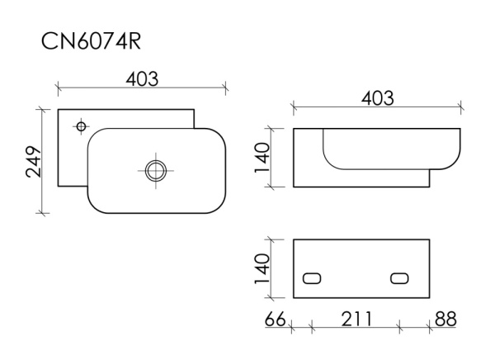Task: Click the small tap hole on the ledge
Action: point(80,126)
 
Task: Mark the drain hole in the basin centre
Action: point(155,171)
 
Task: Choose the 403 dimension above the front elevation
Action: point(376,97)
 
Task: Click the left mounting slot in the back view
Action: point(313,277)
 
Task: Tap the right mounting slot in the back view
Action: point(399,277)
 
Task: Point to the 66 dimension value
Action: point(276,318)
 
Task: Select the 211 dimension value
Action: point(353,318)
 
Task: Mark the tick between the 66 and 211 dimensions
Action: point(311,327)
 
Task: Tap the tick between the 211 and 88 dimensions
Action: point(399,327)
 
